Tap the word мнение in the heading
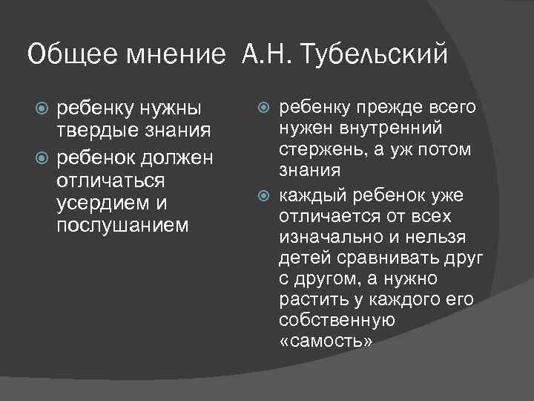click(x=177, y=55)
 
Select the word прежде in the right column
click(x=404, y=108)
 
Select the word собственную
click(x=337, y=320)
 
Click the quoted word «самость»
click(x=325, y=341)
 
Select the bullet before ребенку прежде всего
click(x=267, y=109)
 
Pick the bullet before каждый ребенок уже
click(x=267, y=196)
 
